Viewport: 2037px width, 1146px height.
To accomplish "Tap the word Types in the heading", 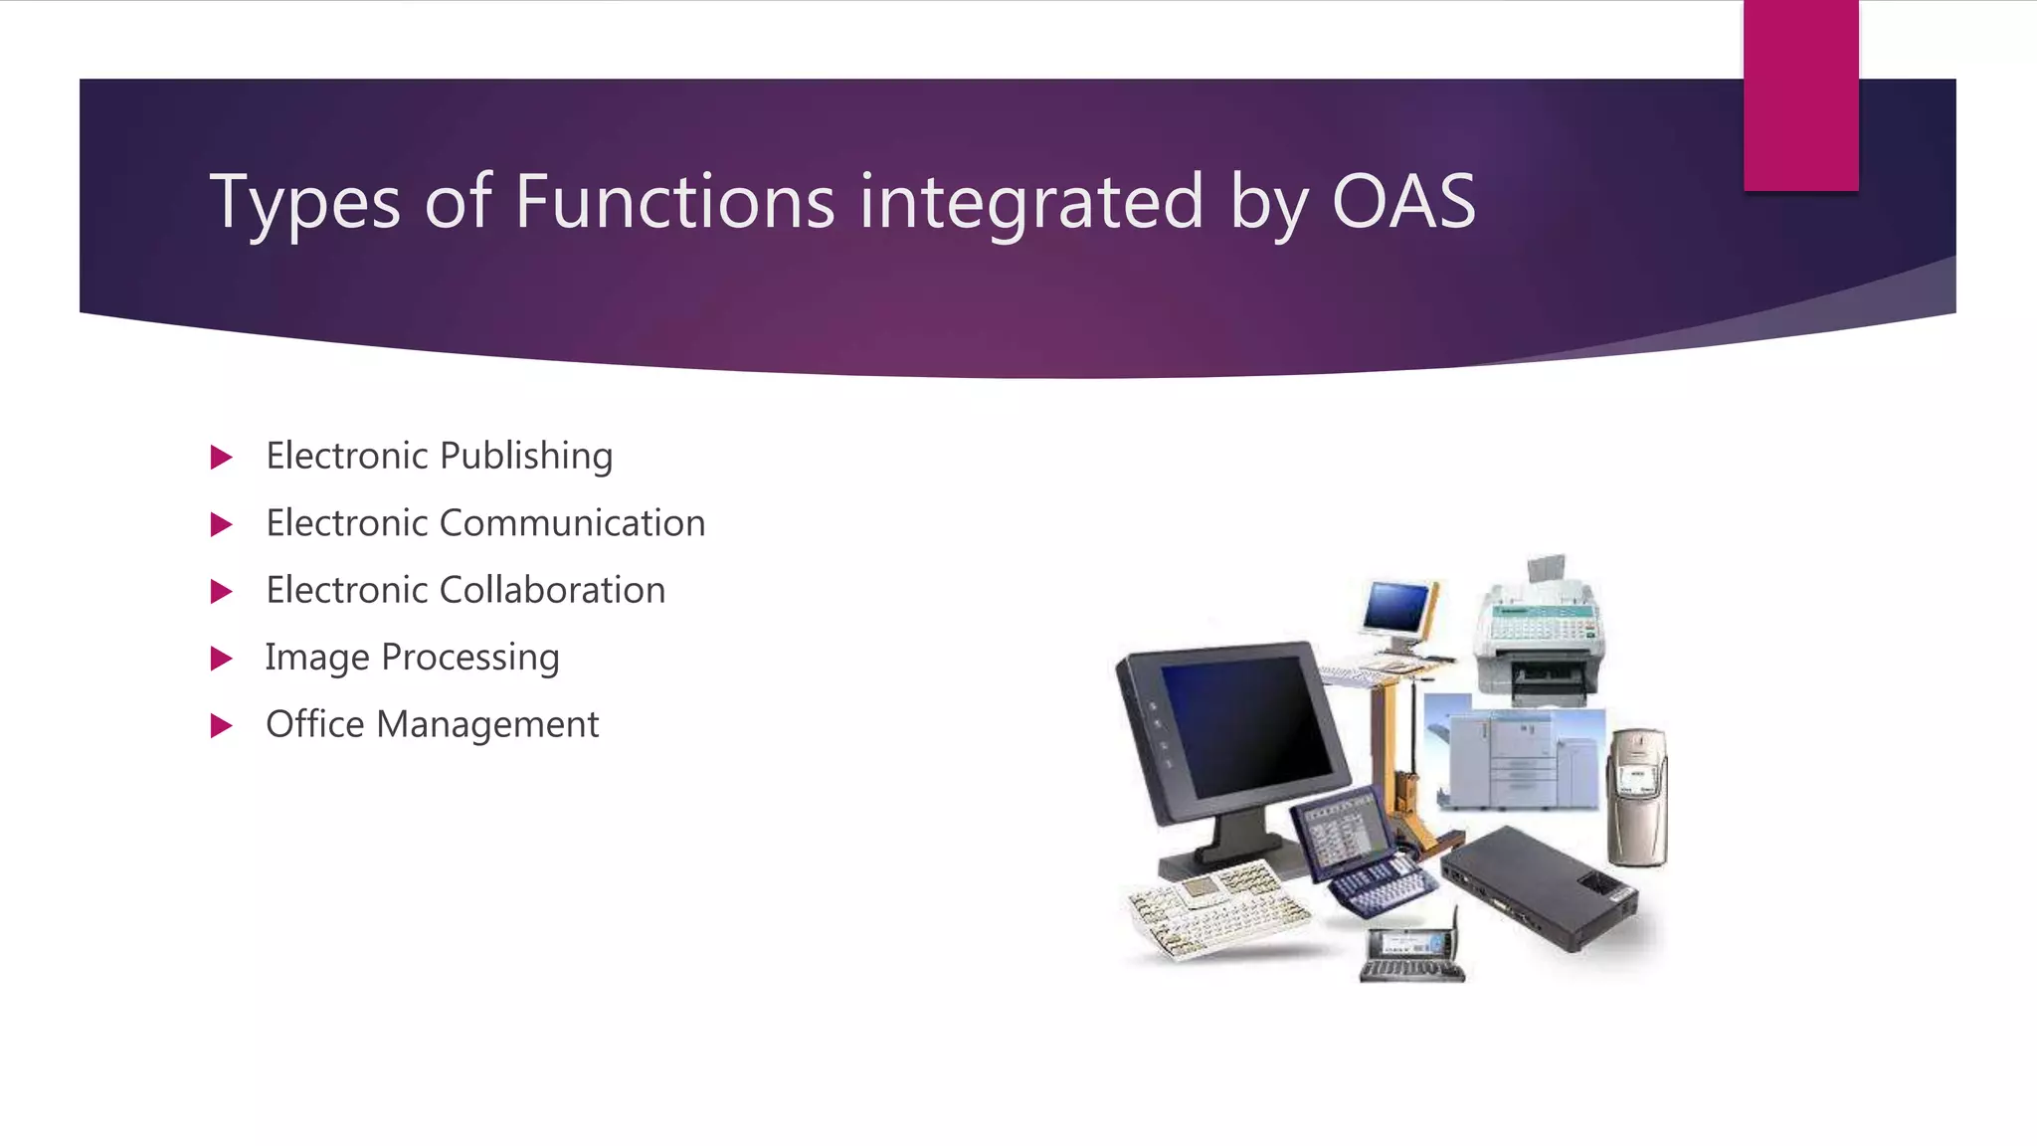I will [304, 204].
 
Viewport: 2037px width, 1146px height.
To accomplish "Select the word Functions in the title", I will [674, 202].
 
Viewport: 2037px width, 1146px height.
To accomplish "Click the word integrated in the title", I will [1031, 204].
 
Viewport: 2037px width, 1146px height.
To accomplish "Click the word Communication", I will [572, 523].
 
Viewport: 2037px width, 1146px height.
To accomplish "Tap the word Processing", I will [469, 658].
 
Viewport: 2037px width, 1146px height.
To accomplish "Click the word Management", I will [487, 725].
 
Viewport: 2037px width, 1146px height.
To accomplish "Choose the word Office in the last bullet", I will [314, 724].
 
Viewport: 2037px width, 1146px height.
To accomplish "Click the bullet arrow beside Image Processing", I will [222, 659].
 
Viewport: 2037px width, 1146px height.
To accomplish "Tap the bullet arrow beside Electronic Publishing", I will [222, 458].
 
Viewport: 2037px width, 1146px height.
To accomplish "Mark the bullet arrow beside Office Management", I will [222, 726].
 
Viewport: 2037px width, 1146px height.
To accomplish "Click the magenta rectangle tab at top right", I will [1800, 95].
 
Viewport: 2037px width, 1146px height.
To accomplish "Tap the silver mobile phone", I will [1637, 796].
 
